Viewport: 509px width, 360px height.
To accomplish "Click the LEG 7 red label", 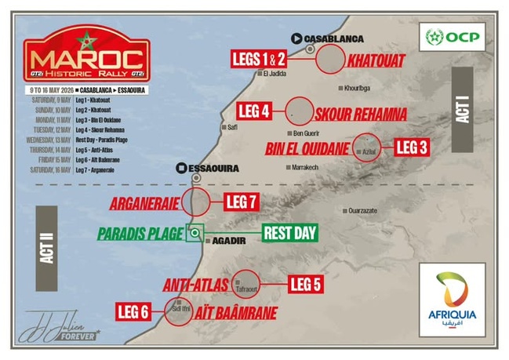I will coord(241,202).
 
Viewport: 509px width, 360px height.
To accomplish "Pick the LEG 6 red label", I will coord(134,311).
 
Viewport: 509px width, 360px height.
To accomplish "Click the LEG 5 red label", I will coord(305,284).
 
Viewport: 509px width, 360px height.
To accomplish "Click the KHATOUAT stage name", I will coord(378,59).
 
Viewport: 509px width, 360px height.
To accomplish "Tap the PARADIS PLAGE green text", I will coord(139,233).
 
